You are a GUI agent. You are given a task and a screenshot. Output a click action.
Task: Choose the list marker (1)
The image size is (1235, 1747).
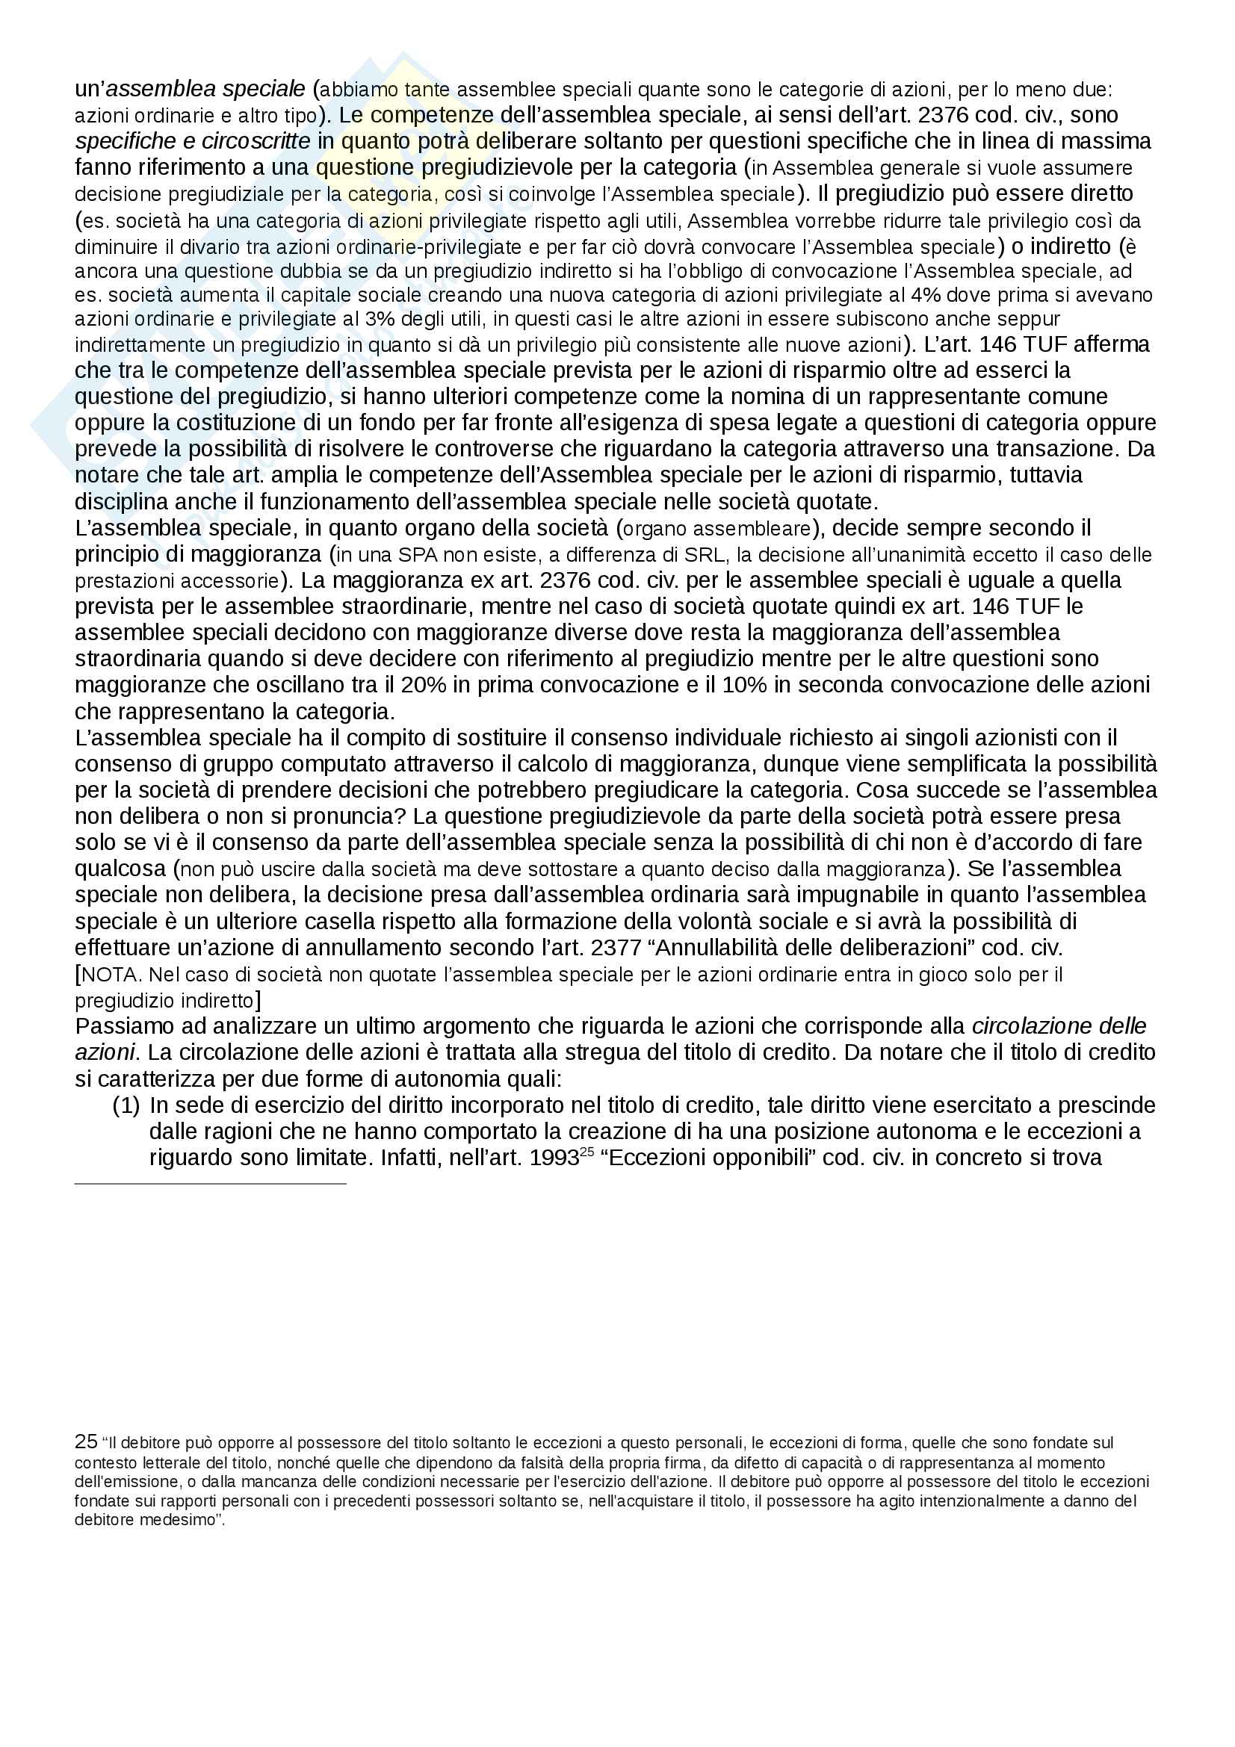[126, 1105]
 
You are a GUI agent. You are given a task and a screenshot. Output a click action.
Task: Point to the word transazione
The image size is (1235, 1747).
[1054, 449]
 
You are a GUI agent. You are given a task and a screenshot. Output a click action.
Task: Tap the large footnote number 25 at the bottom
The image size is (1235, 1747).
[86, 1441]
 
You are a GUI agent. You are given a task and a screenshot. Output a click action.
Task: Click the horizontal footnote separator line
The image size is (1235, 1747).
[210, 1184]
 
